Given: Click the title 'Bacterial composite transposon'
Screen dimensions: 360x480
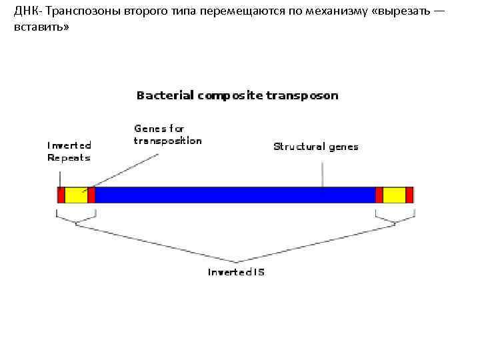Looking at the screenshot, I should click(237, 95).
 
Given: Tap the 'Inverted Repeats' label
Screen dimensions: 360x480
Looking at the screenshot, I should click(69, 151).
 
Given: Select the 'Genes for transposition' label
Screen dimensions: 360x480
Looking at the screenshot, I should click(167, 134).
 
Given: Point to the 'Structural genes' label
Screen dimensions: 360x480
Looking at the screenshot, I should click(315, 147).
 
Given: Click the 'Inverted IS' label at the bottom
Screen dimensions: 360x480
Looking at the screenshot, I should click(236, 272).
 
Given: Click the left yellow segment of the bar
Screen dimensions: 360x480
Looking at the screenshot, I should click(76, 195).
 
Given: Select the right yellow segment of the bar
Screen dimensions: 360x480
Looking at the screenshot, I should click(394, 195).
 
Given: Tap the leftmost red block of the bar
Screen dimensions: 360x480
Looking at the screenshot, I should click(61, 195).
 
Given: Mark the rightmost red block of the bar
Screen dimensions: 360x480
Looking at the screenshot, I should click(409, 195).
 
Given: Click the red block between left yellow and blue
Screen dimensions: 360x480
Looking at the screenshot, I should click(91, 195).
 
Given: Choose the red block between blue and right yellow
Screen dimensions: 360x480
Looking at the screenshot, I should click(379, 195).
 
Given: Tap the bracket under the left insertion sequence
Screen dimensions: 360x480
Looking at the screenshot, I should click(76, 219).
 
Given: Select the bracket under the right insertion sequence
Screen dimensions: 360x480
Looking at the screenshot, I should click(395, 219).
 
